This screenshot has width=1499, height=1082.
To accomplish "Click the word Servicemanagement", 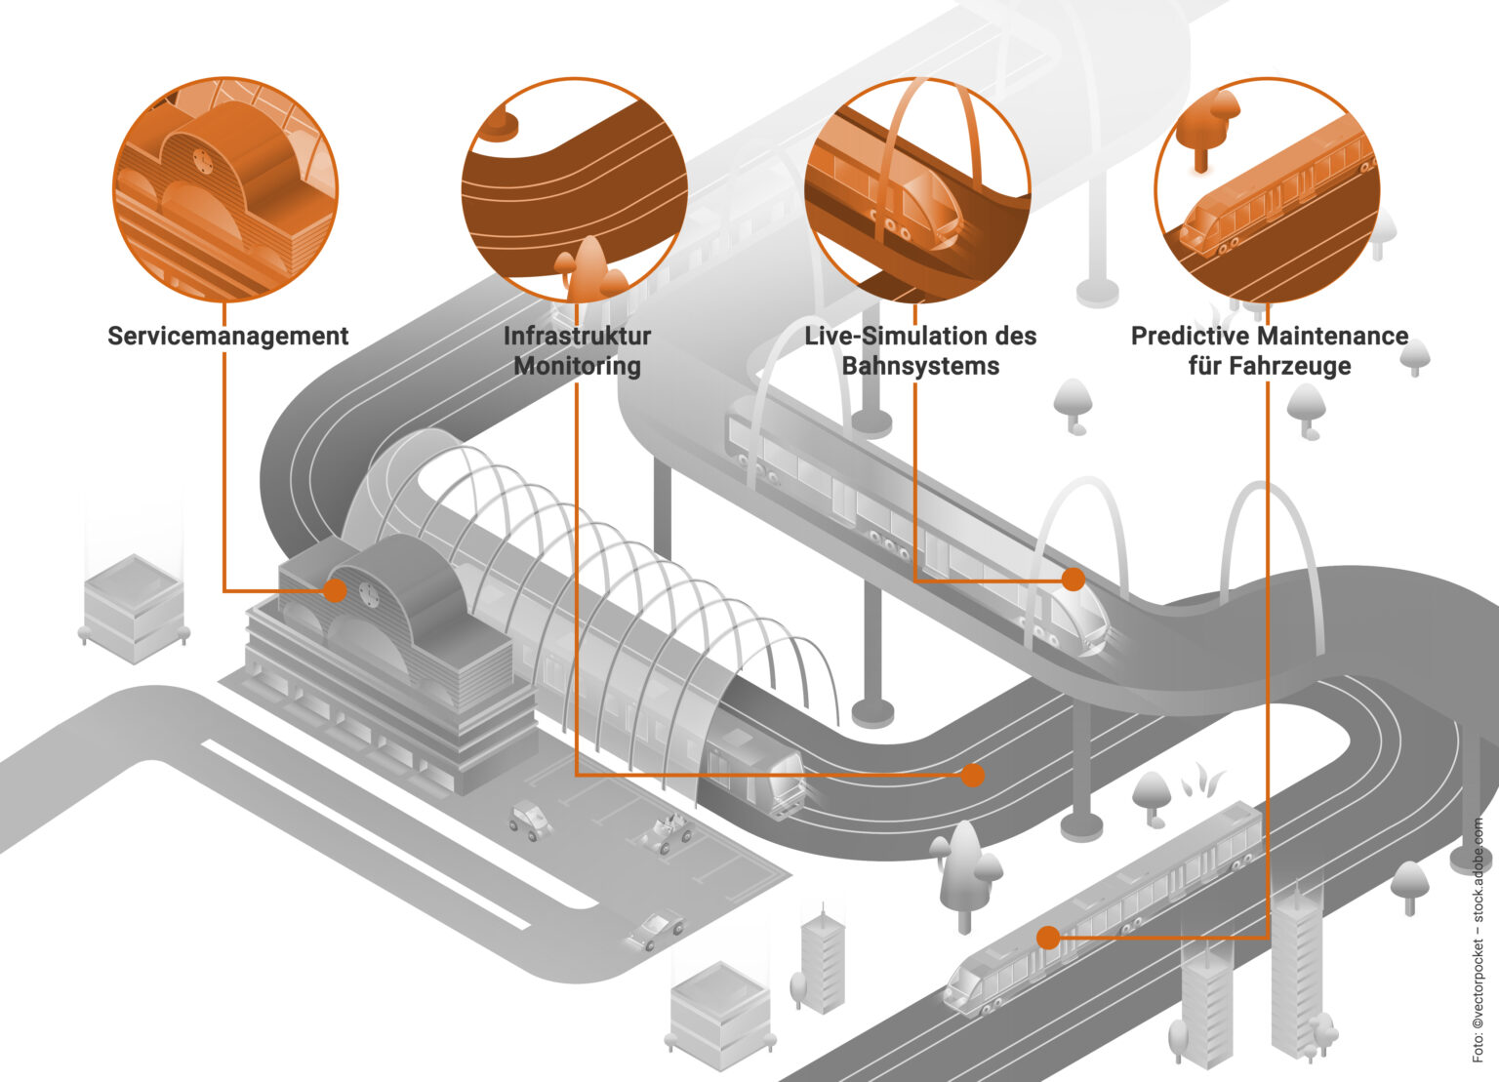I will point(227,336).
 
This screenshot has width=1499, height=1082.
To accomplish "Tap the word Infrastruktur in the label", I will point(577,336).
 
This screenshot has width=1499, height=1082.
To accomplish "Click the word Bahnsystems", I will point(920,366).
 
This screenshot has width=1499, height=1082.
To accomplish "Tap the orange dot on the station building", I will point(335,590).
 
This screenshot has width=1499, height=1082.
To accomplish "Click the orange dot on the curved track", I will point(972,776).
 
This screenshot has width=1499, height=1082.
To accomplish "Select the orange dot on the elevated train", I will point(1074,579).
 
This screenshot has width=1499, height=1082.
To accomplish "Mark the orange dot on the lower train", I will point(1048,938).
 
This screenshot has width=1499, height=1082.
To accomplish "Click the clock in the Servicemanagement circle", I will point(201,159).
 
